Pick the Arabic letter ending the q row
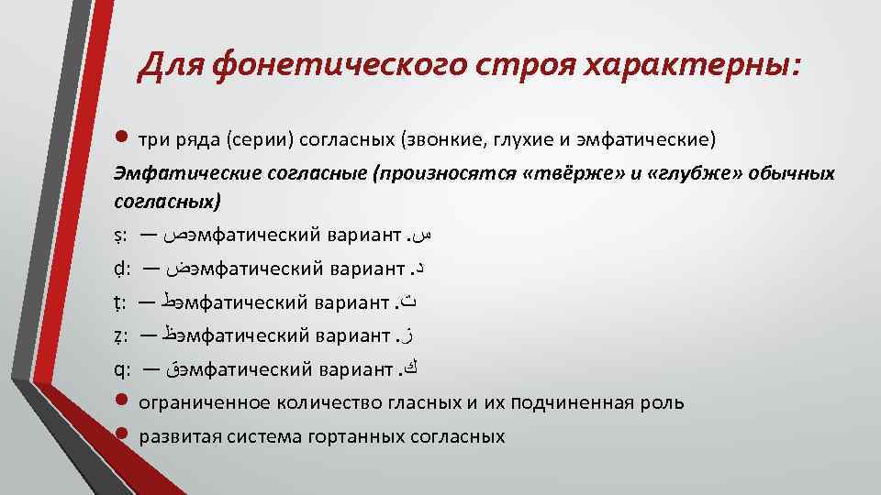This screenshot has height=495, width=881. tap(419, 368)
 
